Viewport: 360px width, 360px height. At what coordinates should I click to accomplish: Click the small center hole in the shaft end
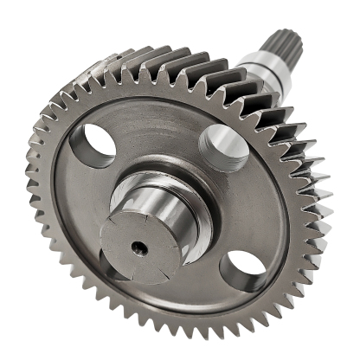[x=138, y=247]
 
